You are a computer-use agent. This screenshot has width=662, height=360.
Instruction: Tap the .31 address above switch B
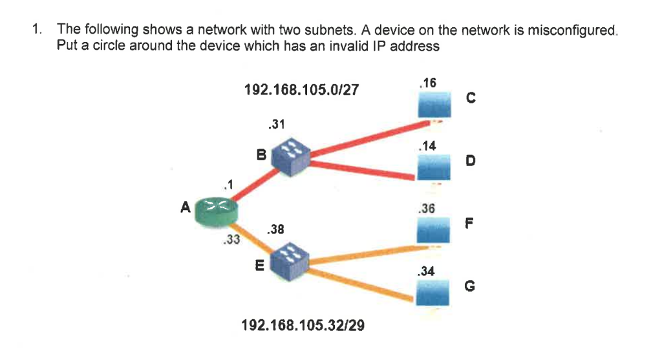coord(277,124)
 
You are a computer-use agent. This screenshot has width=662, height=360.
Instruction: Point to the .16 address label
coord(428,83)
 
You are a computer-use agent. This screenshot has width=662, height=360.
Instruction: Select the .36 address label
coord(427,209)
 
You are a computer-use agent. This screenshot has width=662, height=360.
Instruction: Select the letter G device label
coord(471,284)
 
